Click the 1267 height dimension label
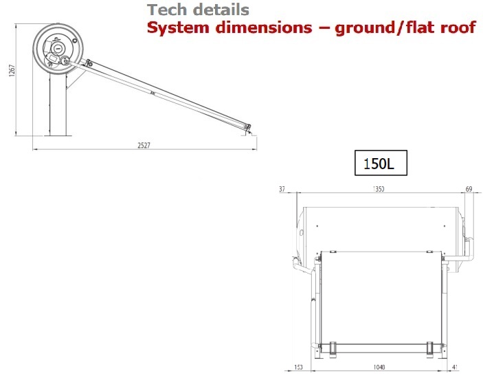point(12,71)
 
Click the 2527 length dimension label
point(144,145)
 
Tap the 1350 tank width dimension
point(379,189)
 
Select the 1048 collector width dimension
point(379,367)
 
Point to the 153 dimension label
point(298,367)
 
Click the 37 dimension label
point(282,189)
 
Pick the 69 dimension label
point(469,189)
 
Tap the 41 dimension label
point(455,367)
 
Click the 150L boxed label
point(381,163)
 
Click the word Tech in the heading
point(167,10)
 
